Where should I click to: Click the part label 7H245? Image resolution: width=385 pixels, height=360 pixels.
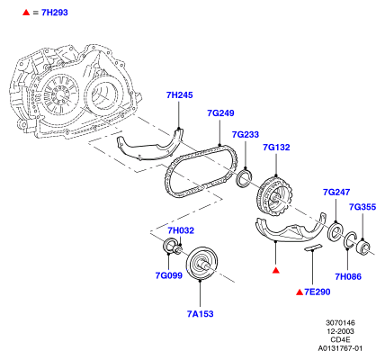coord(180,95)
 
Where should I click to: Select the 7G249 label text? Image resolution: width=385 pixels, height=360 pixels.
coord(220,113)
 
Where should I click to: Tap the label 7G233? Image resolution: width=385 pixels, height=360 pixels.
coord(246,134)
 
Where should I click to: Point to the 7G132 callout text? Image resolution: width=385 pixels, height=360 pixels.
coord(276,148)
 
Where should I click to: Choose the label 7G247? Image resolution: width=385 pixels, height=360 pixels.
coord(336,192)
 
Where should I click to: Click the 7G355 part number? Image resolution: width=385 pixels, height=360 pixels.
coord(363,207)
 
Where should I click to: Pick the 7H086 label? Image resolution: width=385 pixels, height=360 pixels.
coord(348,276)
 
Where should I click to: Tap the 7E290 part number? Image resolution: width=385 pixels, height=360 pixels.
coord(318,292)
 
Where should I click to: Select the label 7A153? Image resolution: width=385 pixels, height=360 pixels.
coord(201,314)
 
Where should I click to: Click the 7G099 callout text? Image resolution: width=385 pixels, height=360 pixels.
coord(169,275)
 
